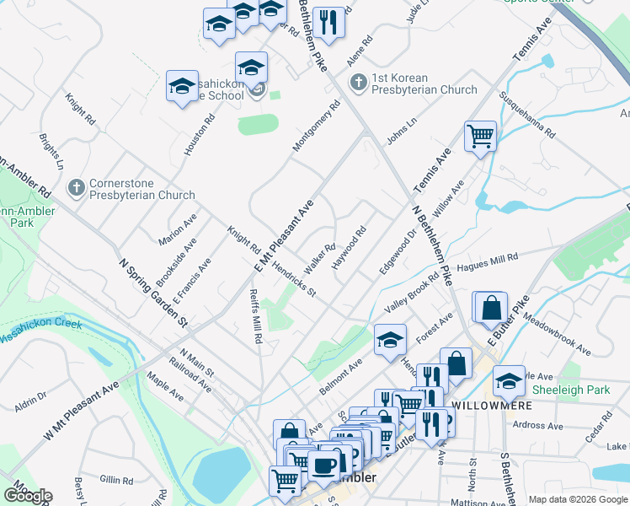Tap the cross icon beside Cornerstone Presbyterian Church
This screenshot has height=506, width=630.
pos(76,187)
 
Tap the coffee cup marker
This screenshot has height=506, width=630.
pos(323,465)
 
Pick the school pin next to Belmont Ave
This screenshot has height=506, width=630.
pos(390,339)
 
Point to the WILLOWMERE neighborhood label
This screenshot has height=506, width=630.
pos(489,405)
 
